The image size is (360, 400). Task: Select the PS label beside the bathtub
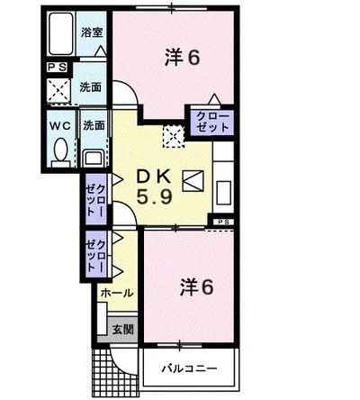pos(57,66)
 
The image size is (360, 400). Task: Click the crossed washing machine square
pos(58,90)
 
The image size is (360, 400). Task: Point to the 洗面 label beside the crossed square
pos(90,88)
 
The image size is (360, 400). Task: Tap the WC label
pos(60,125)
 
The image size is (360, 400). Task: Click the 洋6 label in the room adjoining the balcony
pos(195,287)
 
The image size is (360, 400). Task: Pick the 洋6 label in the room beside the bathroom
pos(182,59)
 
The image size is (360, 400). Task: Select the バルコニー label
pos(188,368)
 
